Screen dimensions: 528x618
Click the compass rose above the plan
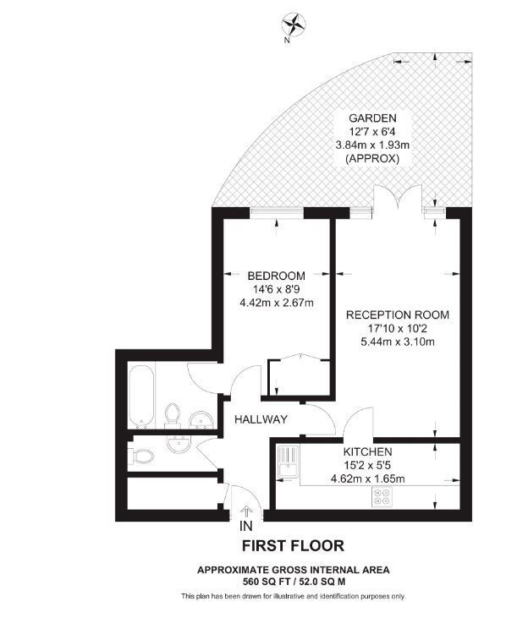pyautogui.click(x=294, y=25)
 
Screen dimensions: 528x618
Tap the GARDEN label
pyautogui.click(x=372, y=118)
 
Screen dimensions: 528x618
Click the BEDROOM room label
pyautogui.click(x=276, y=276)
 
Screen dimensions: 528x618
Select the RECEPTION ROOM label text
pyautogui.click(x=398, y=314)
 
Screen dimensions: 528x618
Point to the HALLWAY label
pyautogui.click(x=261, y=419)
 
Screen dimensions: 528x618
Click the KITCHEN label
pyautogui.click(x=367, y=451)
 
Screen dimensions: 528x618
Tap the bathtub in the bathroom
pyautogui.click(x=140, y=397)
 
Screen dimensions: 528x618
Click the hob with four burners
pyautogui.click(x=382, y=497)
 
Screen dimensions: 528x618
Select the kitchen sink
pyautogui.click(x=289, y=462)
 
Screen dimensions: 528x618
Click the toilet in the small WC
pyautogui.click(x=143, y=457)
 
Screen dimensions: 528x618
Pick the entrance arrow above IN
pyautogui.click(x=246, y=512)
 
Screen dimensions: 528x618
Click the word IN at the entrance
pyautogui.click(x=246, y=526)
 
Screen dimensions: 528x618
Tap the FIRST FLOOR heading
pyautogui.click(x=293, y=546)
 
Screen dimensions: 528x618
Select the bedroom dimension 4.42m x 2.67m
pyautogui.click(x=277, y=303)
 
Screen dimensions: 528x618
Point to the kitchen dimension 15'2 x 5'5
pyautogui.click(x=367, y=466)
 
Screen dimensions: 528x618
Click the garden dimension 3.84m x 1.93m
pyautogui.click(x=372, y=145)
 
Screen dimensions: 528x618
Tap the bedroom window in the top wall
pyautogui.click(x=277, y=213)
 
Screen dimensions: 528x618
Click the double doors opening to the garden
pyautogui.click(x=399, y=197)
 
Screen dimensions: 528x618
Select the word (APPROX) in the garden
pyautogui.click(x=372, y=158)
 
